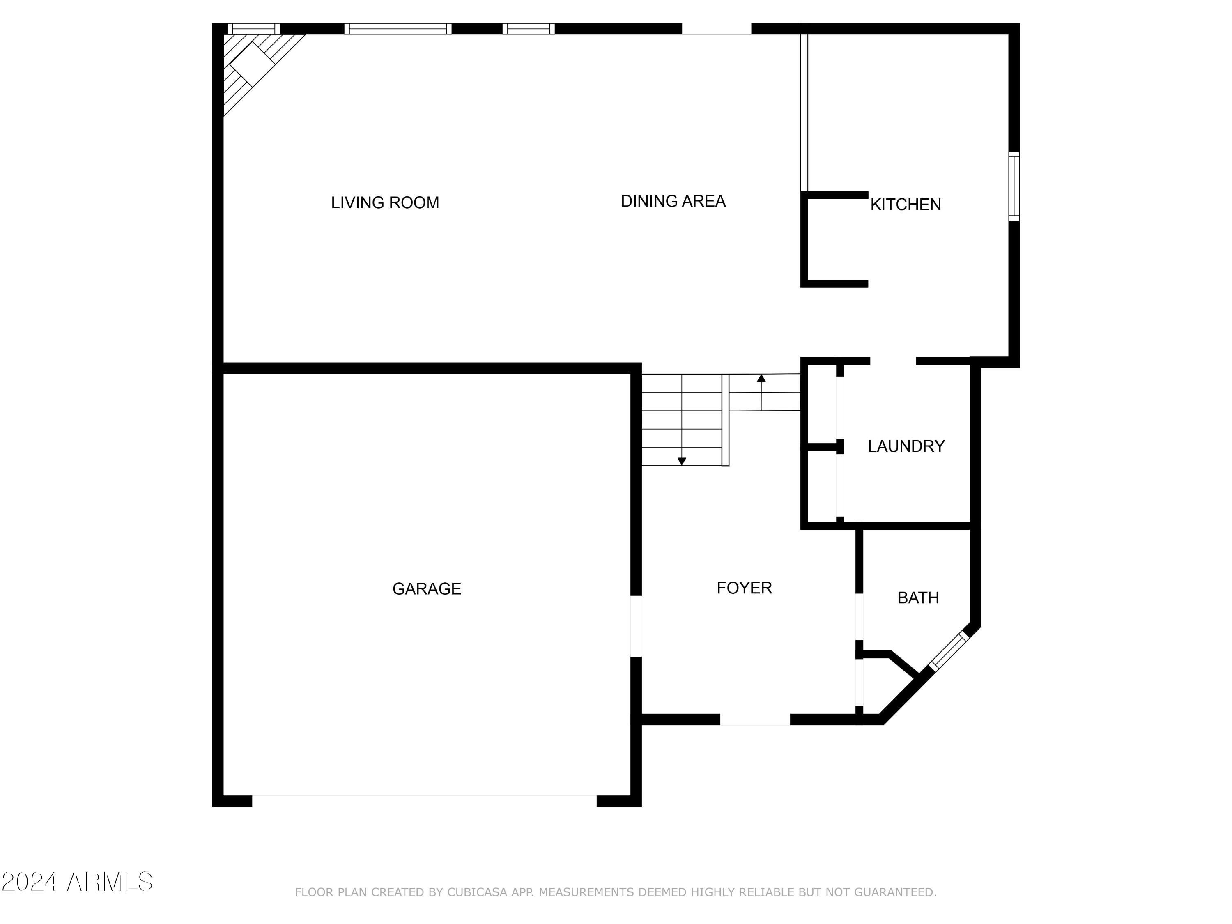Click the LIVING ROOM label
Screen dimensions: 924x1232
385,203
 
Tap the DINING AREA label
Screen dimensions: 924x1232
673,201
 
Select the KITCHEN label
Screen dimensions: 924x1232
905,205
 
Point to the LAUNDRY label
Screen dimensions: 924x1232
906,446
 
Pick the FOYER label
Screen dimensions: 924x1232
744,588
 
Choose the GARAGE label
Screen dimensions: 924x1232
427,589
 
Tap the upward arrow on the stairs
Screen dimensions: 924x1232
761,379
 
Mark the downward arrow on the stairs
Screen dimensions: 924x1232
681,461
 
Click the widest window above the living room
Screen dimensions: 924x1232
398,29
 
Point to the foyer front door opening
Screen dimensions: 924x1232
755,719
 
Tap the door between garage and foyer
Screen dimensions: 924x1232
636,626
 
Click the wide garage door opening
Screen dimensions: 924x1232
424,801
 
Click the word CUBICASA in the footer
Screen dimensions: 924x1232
477,892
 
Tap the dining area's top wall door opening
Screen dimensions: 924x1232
716,29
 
